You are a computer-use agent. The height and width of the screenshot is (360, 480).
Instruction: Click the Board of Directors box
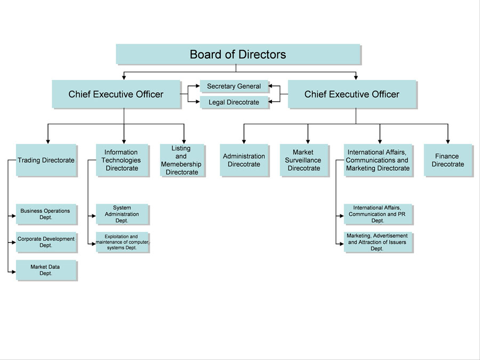point(238,54)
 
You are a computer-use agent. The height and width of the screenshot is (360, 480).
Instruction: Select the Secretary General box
point(234,86)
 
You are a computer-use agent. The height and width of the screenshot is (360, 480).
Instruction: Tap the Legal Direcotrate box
point(234,102)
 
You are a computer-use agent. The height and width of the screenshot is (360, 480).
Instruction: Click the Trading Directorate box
point(46,160)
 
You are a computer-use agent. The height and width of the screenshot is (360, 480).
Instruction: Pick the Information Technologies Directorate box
point(122,160)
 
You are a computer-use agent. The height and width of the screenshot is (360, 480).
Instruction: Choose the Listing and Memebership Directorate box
point(181,160)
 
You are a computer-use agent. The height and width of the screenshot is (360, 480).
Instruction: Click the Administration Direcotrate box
point(244,160)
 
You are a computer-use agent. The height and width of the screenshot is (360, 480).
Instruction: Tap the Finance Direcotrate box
point(447,160)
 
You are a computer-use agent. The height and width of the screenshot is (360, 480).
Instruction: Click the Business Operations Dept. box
point(46,214)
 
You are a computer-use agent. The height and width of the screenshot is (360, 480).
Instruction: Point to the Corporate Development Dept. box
point(46,242)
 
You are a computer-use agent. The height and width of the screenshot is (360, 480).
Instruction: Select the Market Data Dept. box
point(46,270)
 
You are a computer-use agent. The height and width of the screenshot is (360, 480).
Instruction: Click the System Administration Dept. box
point(122,214)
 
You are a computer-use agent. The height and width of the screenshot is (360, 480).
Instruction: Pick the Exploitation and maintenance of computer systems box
point(122,242)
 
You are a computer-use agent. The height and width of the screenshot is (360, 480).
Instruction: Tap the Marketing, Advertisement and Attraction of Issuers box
point(378,242)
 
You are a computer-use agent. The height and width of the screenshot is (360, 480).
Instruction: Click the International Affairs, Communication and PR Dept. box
point(378,214)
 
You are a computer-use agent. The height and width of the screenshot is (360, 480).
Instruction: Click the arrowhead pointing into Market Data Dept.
point(13,271)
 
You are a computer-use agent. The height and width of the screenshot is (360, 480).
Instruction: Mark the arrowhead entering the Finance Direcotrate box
point(447,141)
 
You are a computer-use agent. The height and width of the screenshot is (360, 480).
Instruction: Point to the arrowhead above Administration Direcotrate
point(244,141)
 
